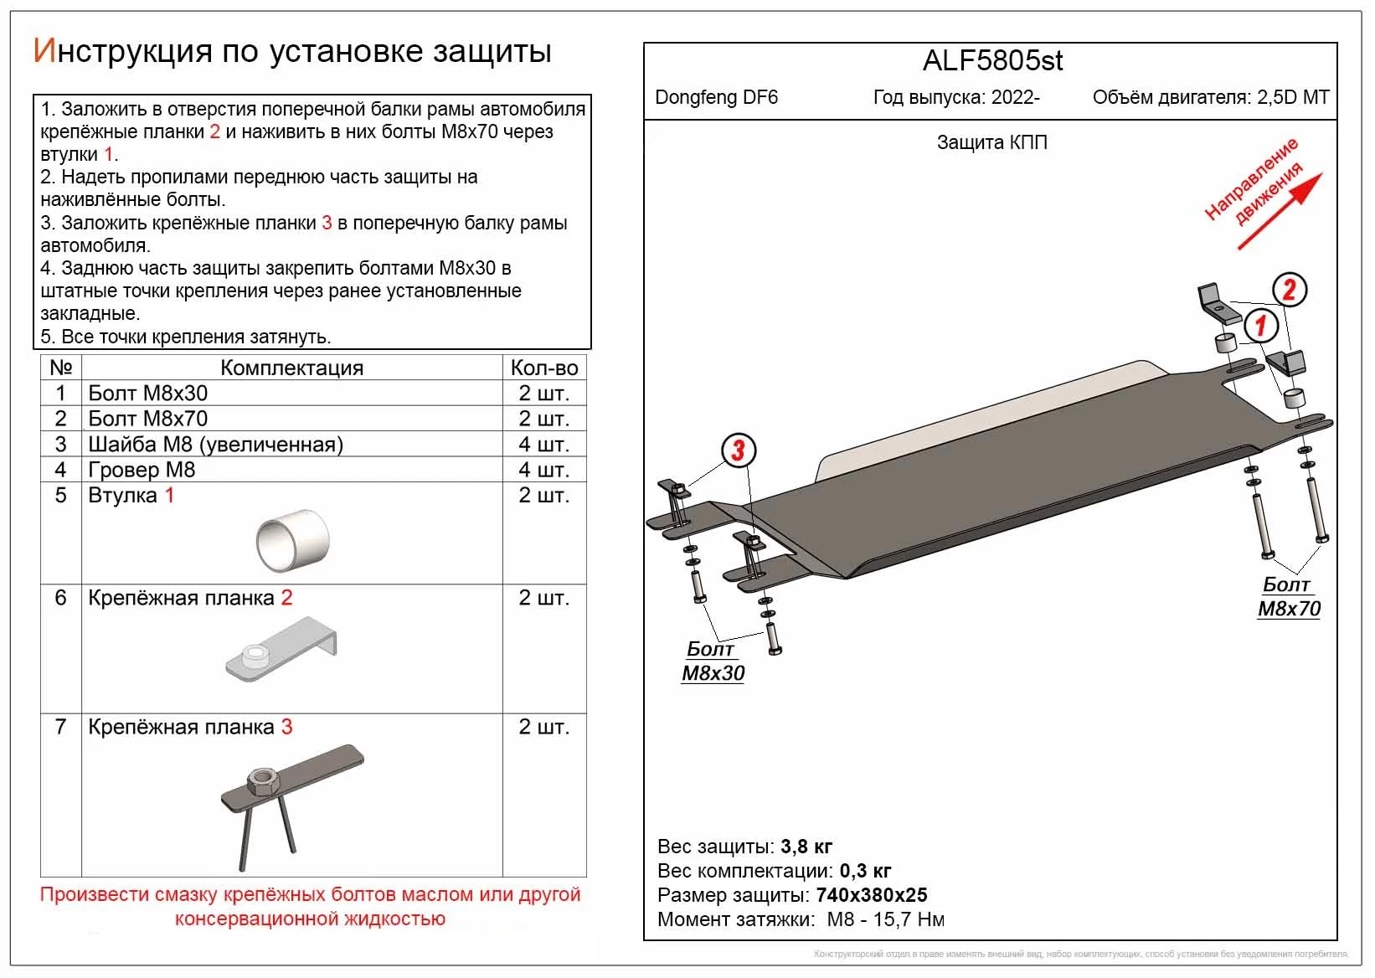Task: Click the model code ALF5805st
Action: tap(992, 61)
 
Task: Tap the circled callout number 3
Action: tap(738, 450)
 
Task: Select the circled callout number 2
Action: tap(1289, 290)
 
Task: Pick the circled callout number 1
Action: tap(1261, 325)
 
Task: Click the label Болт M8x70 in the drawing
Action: tap(1289, 597)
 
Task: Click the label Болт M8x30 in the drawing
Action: tap(713, 661)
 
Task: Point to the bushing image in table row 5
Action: tap(292, 539)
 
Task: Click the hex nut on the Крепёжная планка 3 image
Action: tap(264, 782)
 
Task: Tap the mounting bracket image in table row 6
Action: tap(281, 650)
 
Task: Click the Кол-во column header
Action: tap(544, 368)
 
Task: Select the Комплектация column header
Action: tap(291, 368)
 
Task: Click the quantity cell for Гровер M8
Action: tap(544, 470)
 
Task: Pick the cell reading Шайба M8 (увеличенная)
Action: tap(216, 445)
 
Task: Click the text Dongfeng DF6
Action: tap(716, 97)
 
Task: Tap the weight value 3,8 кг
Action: tap(806, 846)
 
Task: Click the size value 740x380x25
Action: tap(871, 895)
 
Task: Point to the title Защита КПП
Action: tap(991, 142)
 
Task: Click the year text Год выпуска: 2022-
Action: tap(956, 97)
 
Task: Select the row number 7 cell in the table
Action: tap(60, 727)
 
